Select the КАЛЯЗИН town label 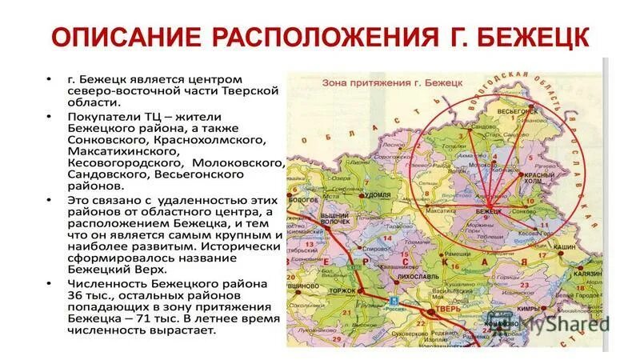click(x=588, y=274)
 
